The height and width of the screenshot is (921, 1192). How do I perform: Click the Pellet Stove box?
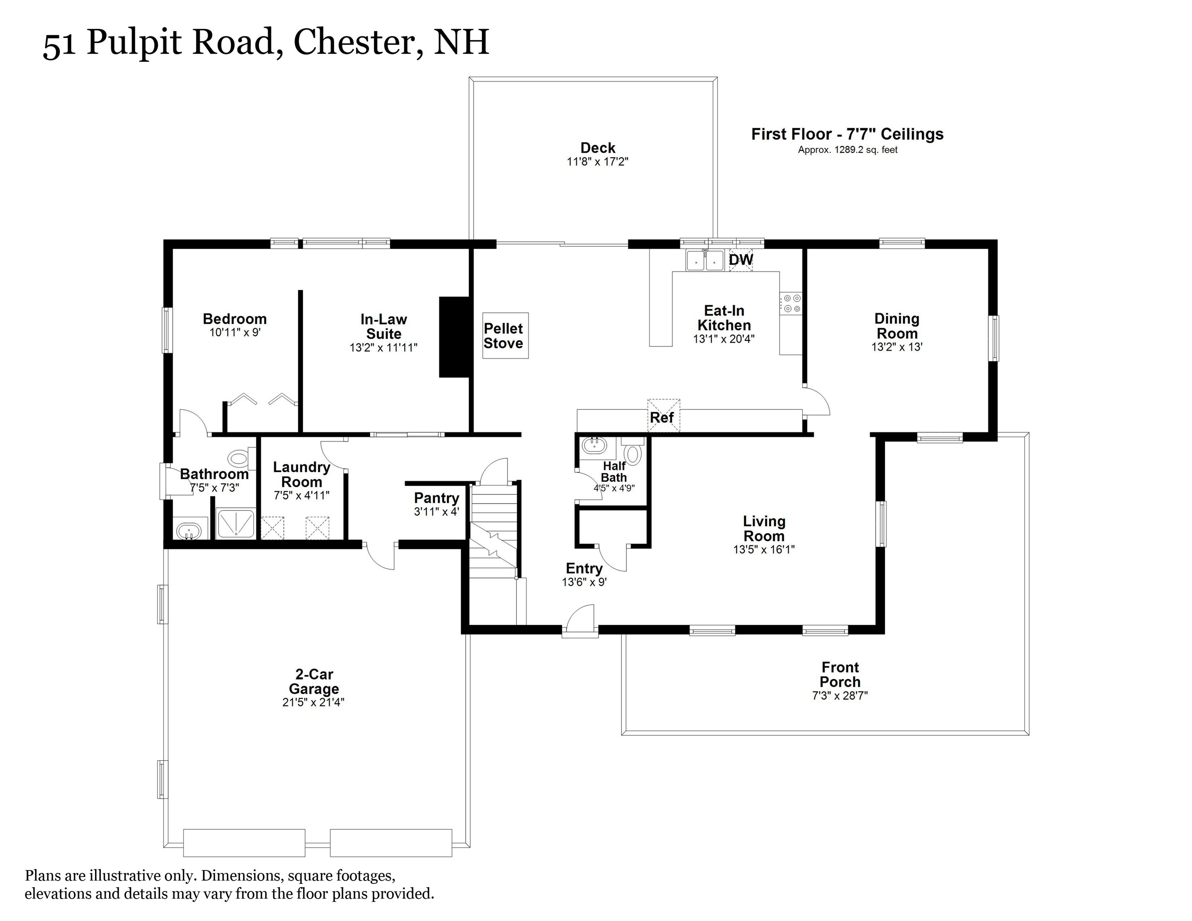[x=505, y=335]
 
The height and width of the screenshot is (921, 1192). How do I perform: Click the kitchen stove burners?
[x=790, y=303]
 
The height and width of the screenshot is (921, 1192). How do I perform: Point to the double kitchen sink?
[x=705, y=261]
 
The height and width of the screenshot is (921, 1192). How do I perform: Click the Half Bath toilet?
[x=633, y=453]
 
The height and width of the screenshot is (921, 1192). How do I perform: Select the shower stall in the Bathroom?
[x=236, y=523]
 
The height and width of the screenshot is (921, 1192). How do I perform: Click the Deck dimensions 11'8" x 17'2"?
[x=598, y=161]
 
